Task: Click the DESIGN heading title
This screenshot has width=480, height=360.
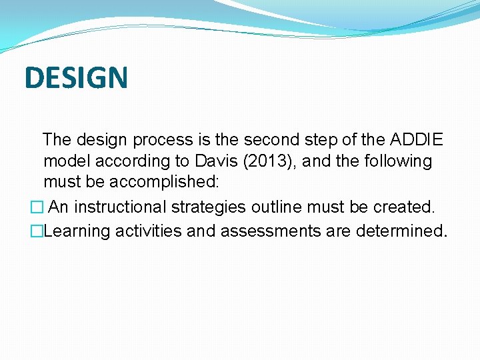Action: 76,77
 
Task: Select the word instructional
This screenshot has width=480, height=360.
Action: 123,207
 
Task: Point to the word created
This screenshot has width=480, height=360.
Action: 405,207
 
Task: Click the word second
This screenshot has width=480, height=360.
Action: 273,140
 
